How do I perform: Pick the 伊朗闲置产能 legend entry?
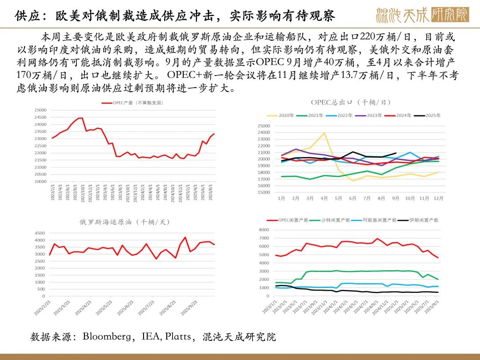[423, 220]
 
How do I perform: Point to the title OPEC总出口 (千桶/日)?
[351, 102]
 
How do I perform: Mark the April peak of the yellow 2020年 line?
[324, 133]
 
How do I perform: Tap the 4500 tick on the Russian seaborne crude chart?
[39, 233]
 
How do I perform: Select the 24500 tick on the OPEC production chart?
[40, 117]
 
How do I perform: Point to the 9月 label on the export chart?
[396, 198]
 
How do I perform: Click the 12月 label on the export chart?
[438, 198]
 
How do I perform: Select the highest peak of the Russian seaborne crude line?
[185, 237]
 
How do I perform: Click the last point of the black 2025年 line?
[396, 153]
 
